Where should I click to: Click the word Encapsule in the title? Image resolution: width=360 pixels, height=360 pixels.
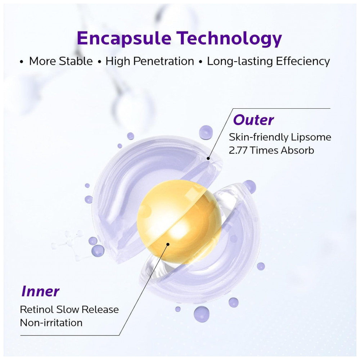(x=124, y=39)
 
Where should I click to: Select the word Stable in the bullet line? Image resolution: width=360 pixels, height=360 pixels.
(x=76, y=61)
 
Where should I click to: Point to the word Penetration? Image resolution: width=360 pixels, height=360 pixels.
(x=164, y=62)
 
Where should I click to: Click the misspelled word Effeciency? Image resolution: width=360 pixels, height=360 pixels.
(x=303, y=62)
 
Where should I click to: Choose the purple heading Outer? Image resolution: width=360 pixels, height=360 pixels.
(x=253, y=120)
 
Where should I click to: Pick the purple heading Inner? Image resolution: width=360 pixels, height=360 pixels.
(x=40, y=291)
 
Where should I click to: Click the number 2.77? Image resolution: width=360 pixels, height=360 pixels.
(x=238, y=150)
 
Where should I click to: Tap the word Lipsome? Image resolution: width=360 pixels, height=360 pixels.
(x=311, y=137)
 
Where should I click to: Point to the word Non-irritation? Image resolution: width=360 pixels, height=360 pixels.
(x=51, y=323)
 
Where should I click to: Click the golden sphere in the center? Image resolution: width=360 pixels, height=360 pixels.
(x=179, y=221)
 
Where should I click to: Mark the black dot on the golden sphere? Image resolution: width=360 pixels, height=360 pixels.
(x=168, y=244)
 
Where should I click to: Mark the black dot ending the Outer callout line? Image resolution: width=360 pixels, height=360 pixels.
(x=208, y=158)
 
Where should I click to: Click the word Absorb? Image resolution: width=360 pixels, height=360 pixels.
(x=297, y=150)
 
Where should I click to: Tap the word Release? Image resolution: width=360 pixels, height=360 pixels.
(x=100, y=310)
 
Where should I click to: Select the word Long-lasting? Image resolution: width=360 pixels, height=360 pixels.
(x=240, y=62)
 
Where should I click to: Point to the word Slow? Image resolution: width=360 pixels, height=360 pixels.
(x=68, y=310)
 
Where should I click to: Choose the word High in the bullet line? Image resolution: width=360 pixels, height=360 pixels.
(x=118, y=62)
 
